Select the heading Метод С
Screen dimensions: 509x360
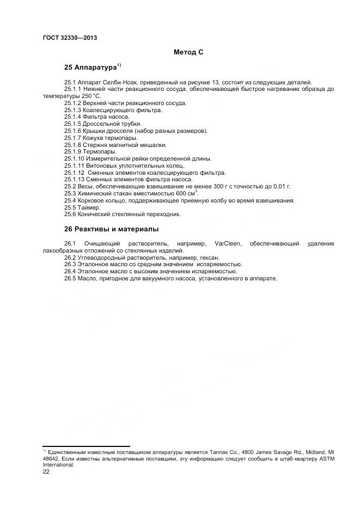point(188,52)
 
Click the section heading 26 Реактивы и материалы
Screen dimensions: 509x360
point(112,229)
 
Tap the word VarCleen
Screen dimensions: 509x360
point(229,243)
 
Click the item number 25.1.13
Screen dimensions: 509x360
point(74,179)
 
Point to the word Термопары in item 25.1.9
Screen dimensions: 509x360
point(102,151)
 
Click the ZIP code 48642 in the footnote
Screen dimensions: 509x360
point(51,459)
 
